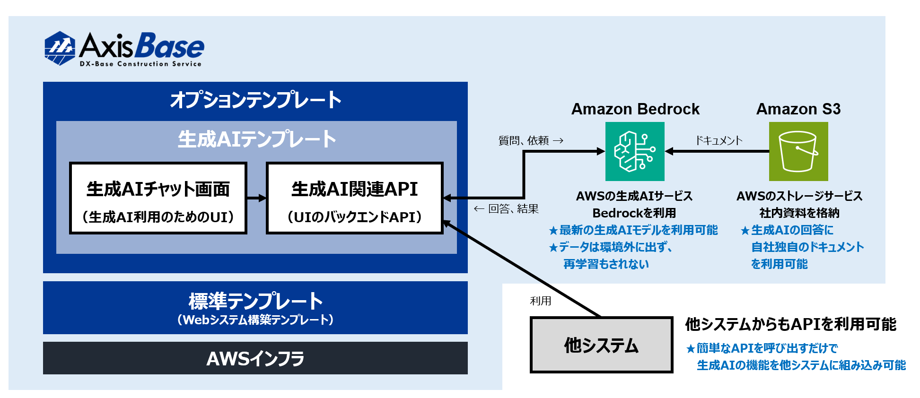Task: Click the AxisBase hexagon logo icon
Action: pyautogui.click(x=60, y=48)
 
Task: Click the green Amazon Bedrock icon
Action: pyautogui.click(x=635, y=151)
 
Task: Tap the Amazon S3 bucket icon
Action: pyautogui.click(x=798, y=151)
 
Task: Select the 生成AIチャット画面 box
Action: pyautogui.click(x=158, y=198)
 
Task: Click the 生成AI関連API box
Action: pyautogui.click(x=354, y=198)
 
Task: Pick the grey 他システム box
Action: pyautogui.click(x=601, y=345)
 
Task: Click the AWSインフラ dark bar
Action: pyautogui.click(x=255, y=358)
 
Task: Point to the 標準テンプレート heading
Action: pyautogui.click(x=255, y=301)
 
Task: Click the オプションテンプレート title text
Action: pyautogui.click(x=255, y=100)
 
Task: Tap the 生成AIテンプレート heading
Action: pyautogui.click(x=256, y=139)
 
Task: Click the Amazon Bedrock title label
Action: pyautogui.click(x=635, y=109)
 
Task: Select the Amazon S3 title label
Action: pyautogui.click(x=798, y=109)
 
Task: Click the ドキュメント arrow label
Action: pyautogui.click(x=718, y=140)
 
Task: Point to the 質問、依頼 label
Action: pyautogui.click(x=524, y=140)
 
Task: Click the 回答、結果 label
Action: pyautogui.click(x=513, y=209)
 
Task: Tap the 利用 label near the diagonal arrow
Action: pyautogui.click(x=540, y=301)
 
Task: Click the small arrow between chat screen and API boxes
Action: pyautogui.click(x=256, y=198)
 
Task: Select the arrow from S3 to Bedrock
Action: pyautogui.click(x=717, y=151)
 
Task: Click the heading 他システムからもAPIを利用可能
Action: pyautogui.click(x=790, y=324)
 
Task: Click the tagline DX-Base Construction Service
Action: pyautogui.click(x=140, y=64)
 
